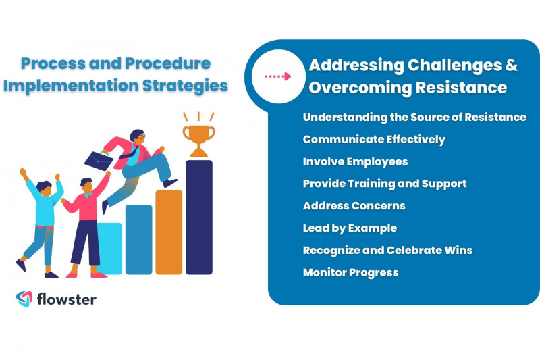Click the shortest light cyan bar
[x=111, y=250]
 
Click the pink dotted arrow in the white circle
[x=277, y=76]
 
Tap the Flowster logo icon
[x=24, y=299]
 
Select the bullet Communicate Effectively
[x=373, y=139]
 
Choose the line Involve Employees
[x=355, y=161]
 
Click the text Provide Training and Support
[x=384, y=183]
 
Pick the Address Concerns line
[x=354, y=205]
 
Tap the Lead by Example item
[x=350, y=228]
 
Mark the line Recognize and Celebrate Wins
[x=387, y=250]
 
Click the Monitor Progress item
[x=350, y=272]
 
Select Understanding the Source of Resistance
[x=414, y=117]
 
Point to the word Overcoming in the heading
[x=364, y=88]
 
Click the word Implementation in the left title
[x=70, y=86]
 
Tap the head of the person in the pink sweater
[x=86, y=184]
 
